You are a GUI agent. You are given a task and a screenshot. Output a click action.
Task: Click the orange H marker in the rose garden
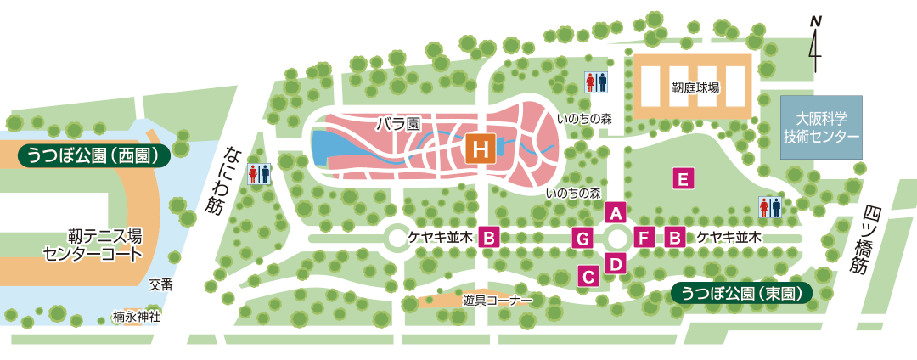click(481, 150)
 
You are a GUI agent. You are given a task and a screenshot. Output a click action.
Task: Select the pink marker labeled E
click(683, 178)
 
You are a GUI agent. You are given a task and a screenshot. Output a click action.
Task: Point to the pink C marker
click(588, 275)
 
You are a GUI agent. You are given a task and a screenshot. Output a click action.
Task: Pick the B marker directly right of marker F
click(676, 238)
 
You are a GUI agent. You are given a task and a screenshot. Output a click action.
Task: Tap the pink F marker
click(644, 238)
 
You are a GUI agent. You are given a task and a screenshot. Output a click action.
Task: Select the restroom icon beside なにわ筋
click(260, 174)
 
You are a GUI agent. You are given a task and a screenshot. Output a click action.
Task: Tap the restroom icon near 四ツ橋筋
click(768, 207)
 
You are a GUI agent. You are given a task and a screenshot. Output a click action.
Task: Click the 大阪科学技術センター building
click(821, 127)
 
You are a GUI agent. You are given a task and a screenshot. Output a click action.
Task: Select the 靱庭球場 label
click(695, 87)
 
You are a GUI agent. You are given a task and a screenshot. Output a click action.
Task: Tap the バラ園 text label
click(398, 124)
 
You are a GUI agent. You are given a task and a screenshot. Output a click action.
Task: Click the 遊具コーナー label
click(498, 301)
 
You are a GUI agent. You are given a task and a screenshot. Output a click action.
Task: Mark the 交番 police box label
click(160, 285)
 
